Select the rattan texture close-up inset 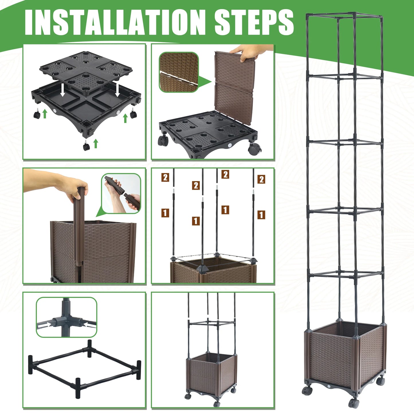(x=179, y=72)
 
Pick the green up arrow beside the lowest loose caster (x=96, y=144)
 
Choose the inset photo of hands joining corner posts (x=121, y=193)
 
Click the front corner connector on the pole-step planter (x=202, y=268)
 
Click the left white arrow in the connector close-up (x=45, y=324)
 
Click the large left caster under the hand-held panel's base (x=163, y=141)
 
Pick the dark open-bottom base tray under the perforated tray (x=86, y=107)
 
